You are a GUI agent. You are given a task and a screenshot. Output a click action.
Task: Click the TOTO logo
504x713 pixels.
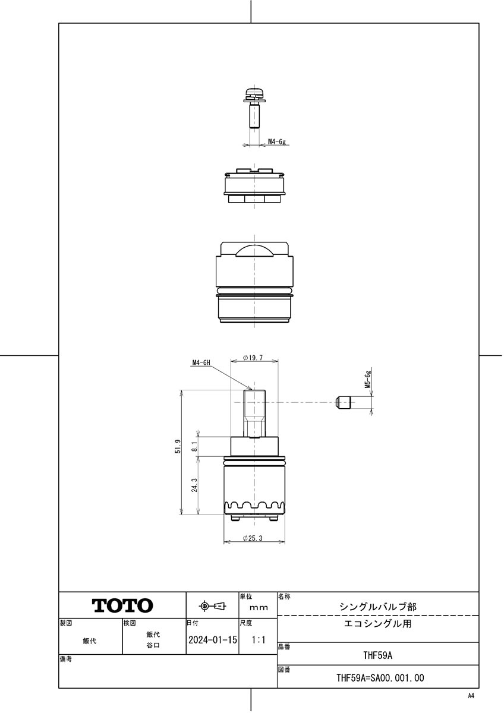122,605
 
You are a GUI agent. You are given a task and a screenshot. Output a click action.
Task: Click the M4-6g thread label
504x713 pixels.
276,141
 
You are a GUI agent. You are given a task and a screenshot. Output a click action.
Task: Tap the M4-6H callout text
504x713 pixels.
201,362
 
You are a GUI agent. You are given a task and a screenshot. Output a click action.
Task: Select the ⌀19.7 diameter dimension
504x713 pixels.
253,358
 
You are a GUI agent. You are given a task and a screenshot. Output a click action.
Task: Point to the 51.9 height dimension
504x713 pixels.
178,446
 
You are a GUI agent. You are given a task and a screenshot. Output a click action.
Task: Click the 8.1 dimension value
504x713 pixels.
195,446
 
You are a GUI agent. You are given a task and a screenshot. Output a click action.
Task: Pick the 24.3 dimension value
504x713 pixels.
195,485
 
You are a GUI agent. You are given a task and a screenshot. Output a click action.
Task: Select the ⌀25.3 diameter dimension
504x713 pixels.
253,538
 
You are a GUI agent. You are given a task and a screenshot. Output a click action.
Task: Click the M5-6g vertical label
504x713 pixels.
368,379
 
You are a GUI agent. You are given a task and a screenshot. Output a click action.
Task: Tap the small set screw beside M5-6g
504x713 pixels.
343,402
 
